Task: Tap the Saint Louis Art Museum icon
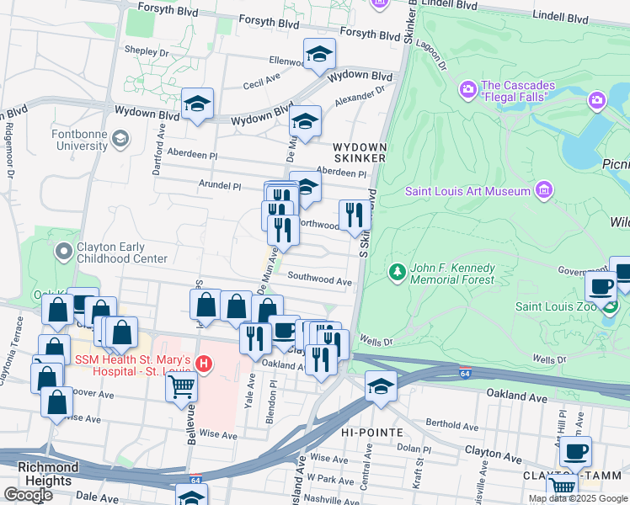(x=544, y=190)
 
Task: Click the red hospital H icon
(x=203, y=364)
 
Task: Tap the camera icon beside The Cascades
(x=468, y=89)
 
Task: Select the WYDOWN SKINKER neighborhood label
(x=360, y=152)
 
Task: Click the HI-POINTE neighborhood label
(x=366, y=432)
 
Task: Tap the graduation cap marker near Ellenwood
(x=319, y=56)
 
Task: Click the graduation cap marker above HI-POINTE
(x=381, y=388)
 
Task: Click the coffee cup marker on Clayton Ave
(x=575, y=451)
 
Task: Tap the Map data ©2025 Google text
(x=577, y=498)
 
